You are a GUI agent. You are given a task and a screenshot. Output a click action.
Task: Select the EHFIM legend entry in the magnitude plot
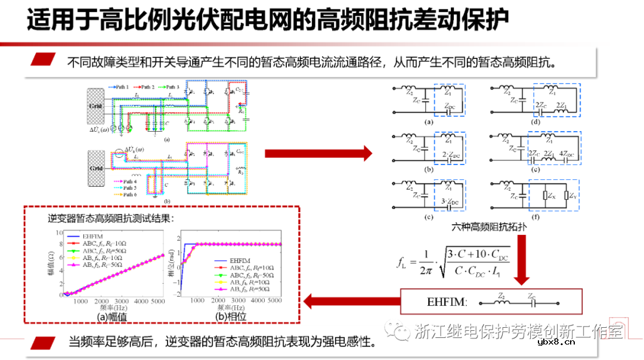[92, 235]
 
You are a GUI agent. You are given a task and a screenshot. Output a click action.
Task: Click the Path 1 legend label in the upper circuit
[122, 87]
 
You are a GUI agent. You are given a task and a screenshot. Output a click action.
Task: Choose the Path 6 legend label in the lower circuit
[129, 195]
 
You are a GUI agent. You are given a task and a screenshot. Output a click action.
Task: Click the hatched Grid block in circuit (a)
[96, 107]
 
